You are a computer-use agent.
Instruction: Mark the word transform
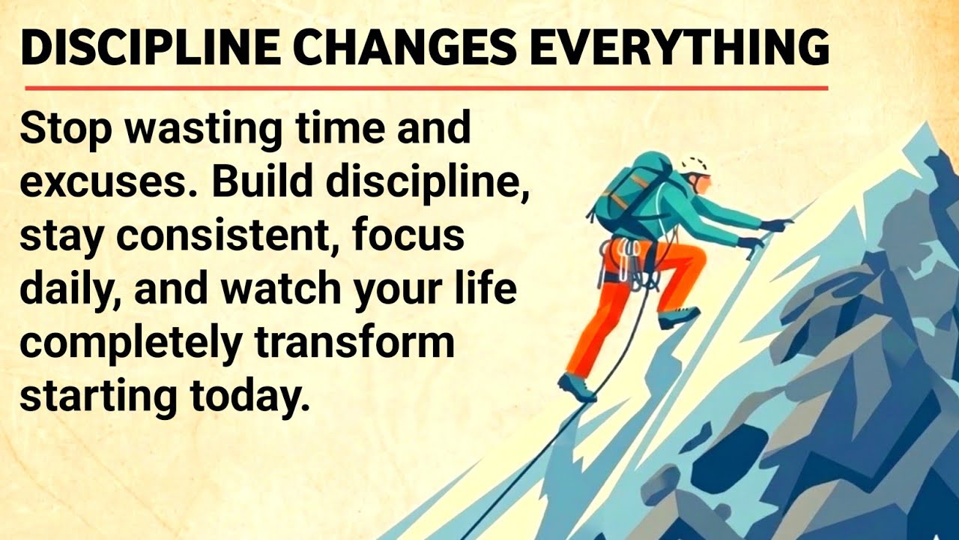pos(354,343)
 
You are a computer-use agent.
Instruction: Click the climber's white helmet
pos(696,166)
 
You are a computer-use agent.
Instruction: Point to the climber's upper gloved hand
pos(775,224)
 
